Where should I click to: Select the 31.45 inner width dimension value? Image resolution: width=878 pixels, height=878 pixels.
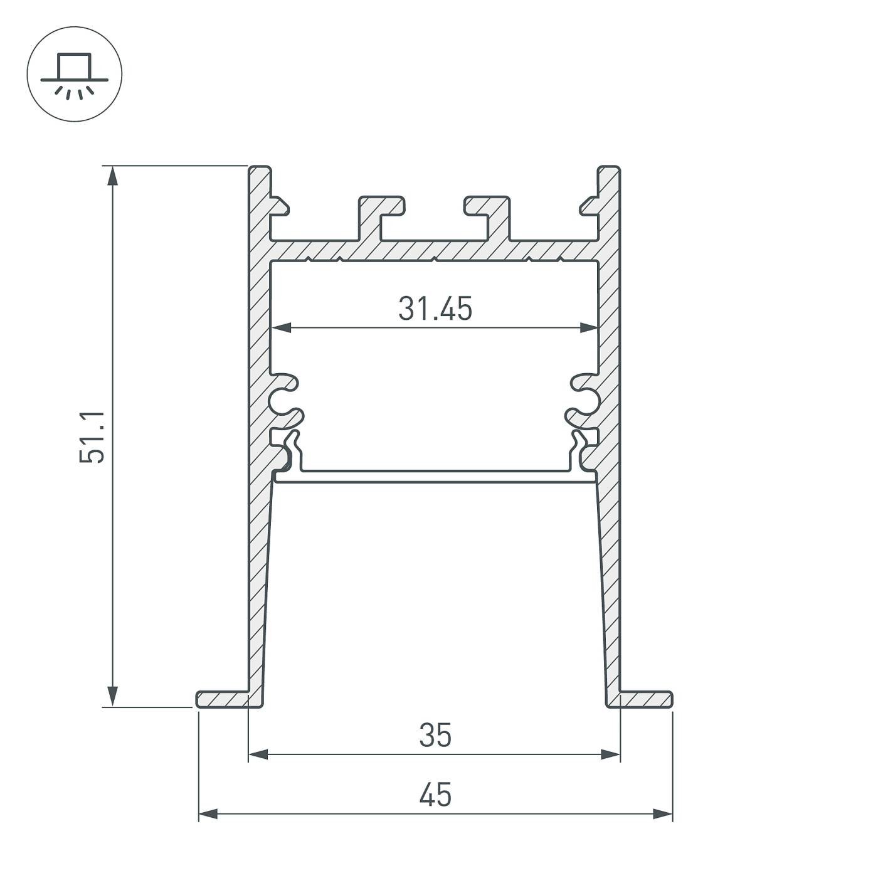coord(435,309)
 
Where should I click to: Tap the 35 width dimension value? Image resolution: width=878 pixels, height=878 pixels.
coord(435,735)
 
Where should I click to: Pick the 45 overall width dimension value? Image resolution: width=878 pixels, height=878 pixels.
coord(435,795)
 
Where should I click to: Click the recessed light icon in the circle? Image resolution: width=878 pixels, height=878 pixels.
coord(75,74)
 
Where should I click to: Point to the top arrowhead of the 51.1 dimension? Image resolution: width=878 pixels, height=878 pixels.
coord(112,176)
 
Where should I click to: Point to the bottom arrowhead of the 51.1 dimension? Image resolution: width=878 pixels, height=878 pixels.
coord(112,696)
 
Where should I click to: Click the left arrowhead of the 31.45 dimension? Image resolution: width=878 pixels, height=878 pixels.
coord(281,327)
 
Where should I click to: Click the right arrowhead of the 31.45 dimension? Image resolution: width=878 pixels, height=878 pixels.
coord(590,327)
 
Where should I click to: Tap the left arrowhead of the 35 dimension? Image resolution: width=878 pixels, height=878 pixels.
coord(258,754)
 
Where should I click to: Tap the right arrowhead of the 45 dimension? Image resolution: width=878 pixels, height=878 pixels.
coord(662,814)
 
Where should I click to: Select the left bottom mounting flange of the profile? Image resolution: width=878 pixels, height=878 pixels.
coord(223,699)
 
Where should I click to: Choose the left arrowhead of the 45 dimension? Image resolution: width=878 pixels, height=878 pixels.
coord(208,814)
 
